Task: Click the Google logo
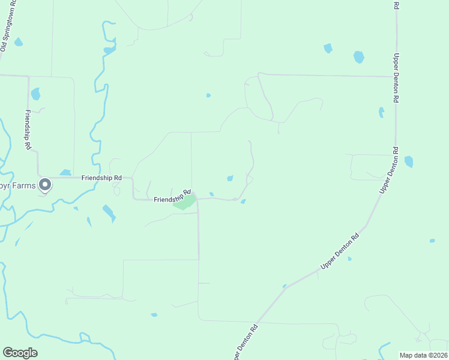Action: (x=20, y=353)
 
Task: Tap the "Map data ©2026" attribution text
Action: (x=424, y=355)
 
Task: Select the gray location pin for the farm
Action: (x=44, y=185)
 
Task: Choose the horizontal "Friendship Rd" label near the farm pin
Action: (x=102, y=178)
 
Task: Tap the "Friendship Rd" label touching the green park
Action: (x=172, y=196)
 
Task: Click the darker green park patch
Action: (x=185, y=202)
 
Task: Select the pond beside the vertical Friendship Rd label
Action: (x=35, y=94)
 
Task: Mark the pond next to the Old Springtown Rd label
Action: (x=19, y=42)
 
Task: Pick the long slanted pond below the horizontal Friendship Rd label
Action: (x=109, y=212)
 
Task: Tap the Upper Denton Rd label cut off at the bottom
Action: (x=245, y=343)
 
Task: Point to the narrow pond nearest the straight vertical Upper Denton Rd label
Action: (x=381, y=112)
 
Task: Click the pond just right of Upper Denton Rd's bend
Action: (x=409, y=161)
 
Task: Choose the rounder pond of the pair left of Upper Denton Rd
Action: (x=358, y=57)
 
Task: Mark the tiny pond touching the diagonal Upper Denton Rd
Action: (x=285, y=286)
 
